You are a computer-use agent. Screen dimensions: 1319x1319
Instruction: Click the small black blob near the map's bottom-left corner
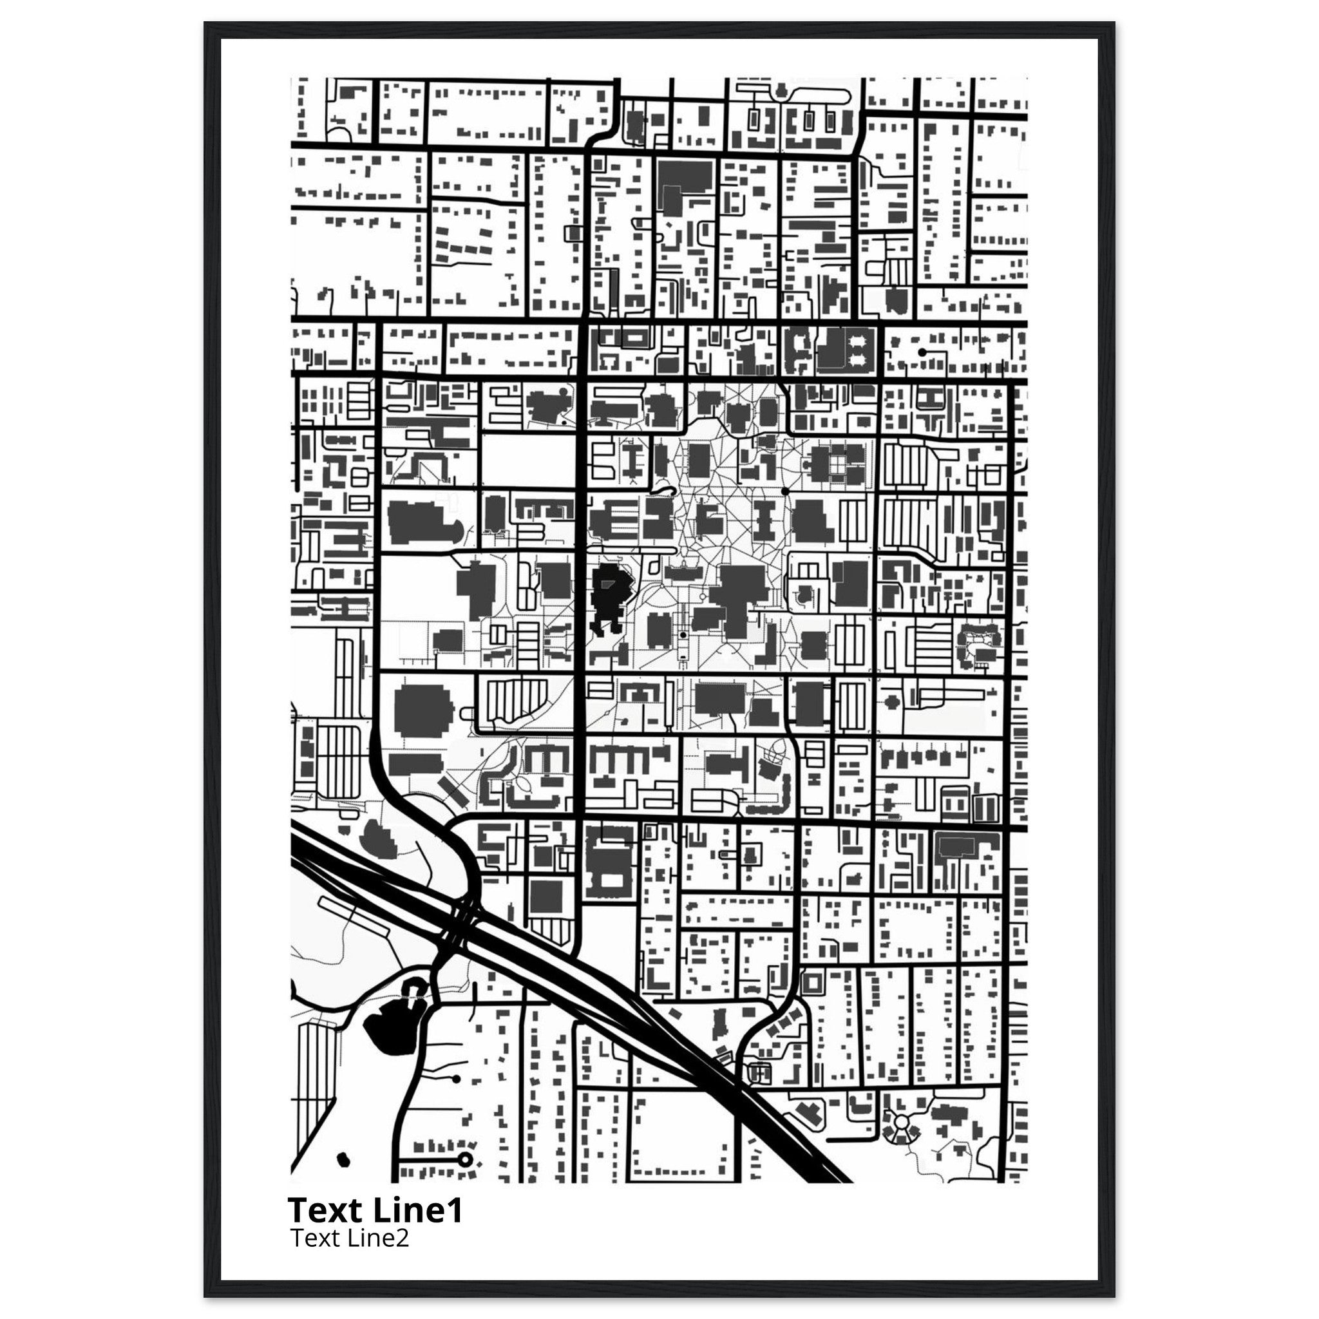point(343,1159)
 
